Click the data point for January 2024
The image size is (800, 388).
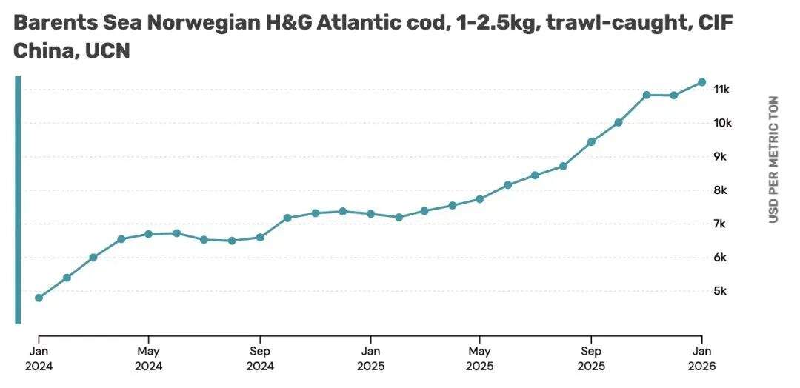[39, 298]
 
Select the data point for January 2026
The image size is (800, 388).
[701, 82]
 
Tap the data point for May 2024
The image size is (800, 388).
[149, 234]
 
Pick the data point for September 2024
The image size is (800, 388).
[260, 237]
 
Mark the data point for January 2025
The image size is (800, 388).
[370, 214]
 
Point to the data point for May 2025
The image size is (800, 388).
[480, 199]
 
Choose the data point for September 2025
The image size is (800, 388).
[591, 141]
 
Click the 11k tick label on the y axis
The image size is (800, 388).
[721, 90]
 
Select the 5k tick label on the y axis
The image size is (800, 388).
[719, 291]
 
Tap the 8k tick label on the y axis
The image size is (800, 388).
[719, 190]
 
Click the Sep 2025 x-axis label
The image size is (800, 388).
[591, 358]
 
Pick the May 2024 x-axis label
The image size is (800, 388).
[149, 358]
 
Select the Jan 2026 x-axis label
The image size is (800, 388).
[701, 358]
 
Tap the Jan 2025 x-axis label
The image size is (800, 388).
[370, 358]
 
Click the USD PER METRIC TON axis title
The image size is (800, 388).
[773, 159]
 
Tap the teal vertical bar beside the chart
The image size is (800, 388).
[18, 200]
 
